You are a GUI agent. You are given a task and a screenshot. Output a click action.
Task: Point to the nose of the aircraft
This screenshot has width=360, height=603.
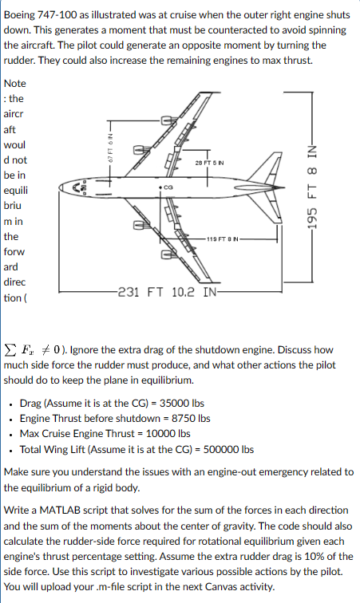[x=77, y=189]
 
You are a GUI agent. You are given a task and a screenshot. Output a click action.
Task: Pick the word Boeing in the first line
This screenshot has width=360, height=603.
[x=22, y=14]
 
